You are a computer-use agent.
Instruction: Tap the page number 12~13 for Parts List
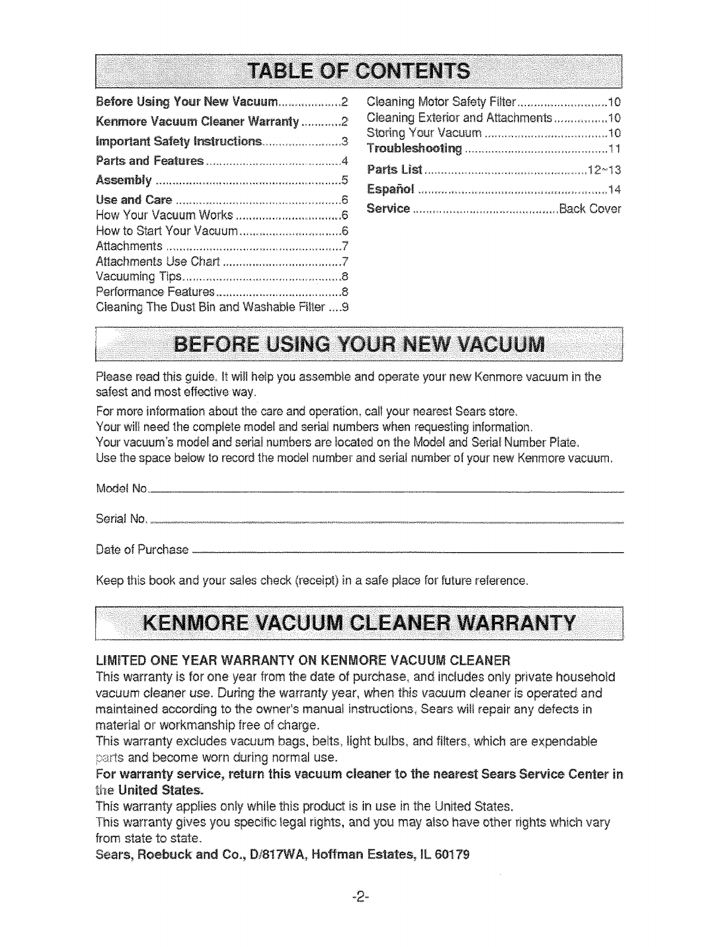click(x=604, y=170)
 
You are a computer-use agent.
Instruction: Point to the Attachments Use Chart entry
click(x=157, y=262)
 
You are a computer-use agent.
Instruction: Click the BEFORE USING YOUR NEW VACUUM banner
click(x=358, y=345)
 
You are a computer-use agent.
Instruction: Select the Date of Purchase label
click(x=142, y=549)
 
